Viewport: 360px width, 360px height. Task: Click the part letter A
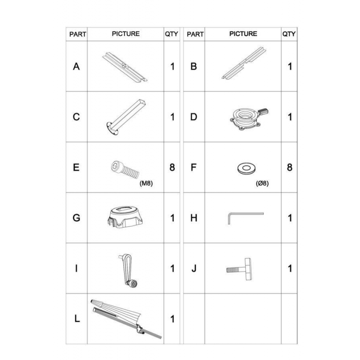(x=76, y=67)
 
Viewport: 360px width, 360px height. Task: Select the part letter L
(x=77, y=319)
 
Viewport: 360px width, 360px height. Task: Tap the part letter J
(x=194, y=268)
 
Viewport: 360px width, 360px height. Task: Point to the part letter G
(x=76, y=218)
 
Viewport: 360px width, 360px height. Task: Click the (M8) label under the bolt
(x=146, y=183)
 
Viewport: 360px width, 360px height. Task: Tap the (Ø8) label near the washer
(x=262, y=183)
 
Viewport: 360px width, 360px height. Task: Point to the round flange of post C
(x=112, y=128)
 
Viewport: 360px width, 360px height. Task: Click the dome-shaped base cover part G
(x=125, y=217)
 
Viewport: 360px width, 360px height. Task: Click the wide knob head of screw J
(x=248, y=269)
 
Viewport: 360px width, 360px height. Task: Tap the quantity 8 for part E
(x=172, y=167)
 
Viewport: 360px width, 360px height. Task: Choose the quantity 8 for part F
(x=289, y=167)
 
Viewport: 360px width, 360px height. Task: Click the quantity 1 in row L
(x=172, y=319)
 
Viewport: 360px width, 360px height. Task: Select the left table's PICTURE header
(x=126, y=34)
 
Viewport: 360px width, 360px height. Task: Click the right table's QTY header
(x=289, y=34)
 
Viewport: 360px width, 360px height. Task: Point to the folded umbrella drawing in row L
(x=126, y=319)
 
